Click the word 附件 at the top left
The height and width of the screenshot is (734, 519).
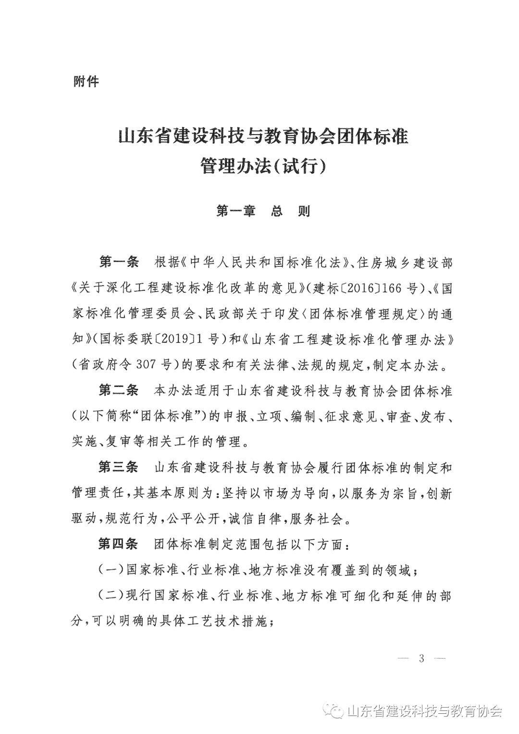click(x=86, y=82)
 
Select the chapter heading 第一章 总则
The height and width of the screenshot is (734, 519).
click(x=263, y=211)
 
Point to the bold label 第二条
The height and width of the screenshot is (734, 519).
click(x=118, y=390)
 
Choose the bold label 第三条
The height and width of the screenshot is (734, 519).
click(x=118, y=467)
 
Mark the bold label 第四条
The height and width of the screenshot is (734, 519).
click(x=118, y=544)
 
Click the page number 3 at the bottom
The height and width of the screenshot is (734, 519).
click(x=421, y=658)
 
